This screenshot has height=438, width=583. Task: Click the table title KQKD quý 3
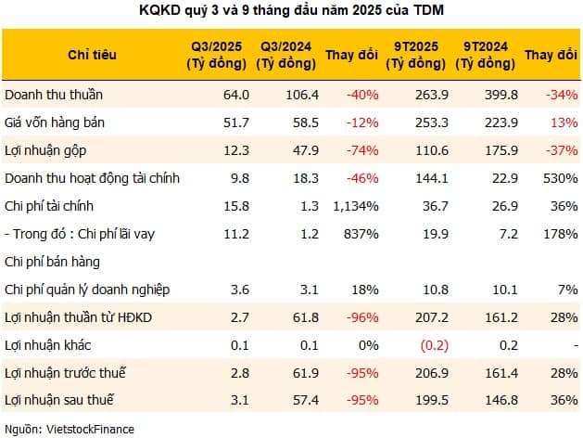(x=291, y=11)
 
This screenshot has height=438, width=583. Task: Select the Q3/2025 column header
(x=217, y=55)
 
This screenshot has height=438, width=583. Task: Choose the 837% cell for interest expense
(x=361, y=233)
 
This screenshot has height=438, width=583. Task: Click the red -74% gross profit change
(x=363, y=149)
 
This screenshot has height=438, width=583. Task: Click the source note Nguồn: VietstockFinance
(x=69, y=428)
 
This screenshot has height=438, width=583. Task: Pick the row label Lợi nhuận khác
(x=44, y=344)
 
